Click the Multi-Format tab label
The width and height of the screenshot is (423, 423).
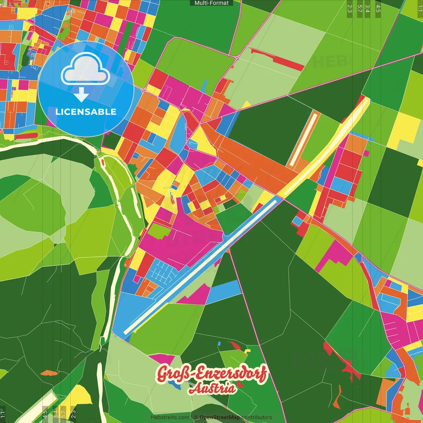coord(211,3)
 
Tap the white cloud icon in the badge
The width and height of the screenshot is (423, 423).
coord(85,69)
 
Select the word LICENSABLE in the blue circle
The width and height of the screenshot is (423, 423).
coord(86,112)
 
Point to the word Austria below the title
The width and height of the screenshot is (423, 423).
coord(212,388)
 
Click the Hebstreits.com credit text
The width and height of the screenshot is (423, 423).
coord(170,417)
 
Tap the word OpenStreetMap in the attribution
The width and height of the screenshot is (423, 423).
coord(220,417)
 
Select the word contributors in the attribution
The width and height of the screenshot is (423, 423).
coord(257,417)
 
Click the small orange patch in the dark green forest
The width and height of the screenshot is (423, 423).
coord(49,373)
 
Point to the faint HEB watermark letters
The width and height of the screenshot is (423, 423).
coord(330,62)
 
